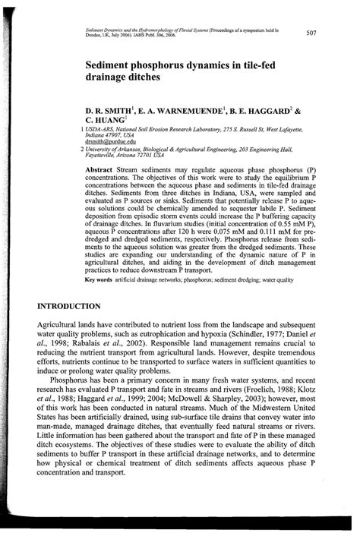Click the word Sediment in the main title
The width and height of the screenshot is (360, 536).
click(x=114, y=66)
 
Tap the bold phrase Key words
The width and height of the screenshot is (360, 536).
click(x=99, y=281)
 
